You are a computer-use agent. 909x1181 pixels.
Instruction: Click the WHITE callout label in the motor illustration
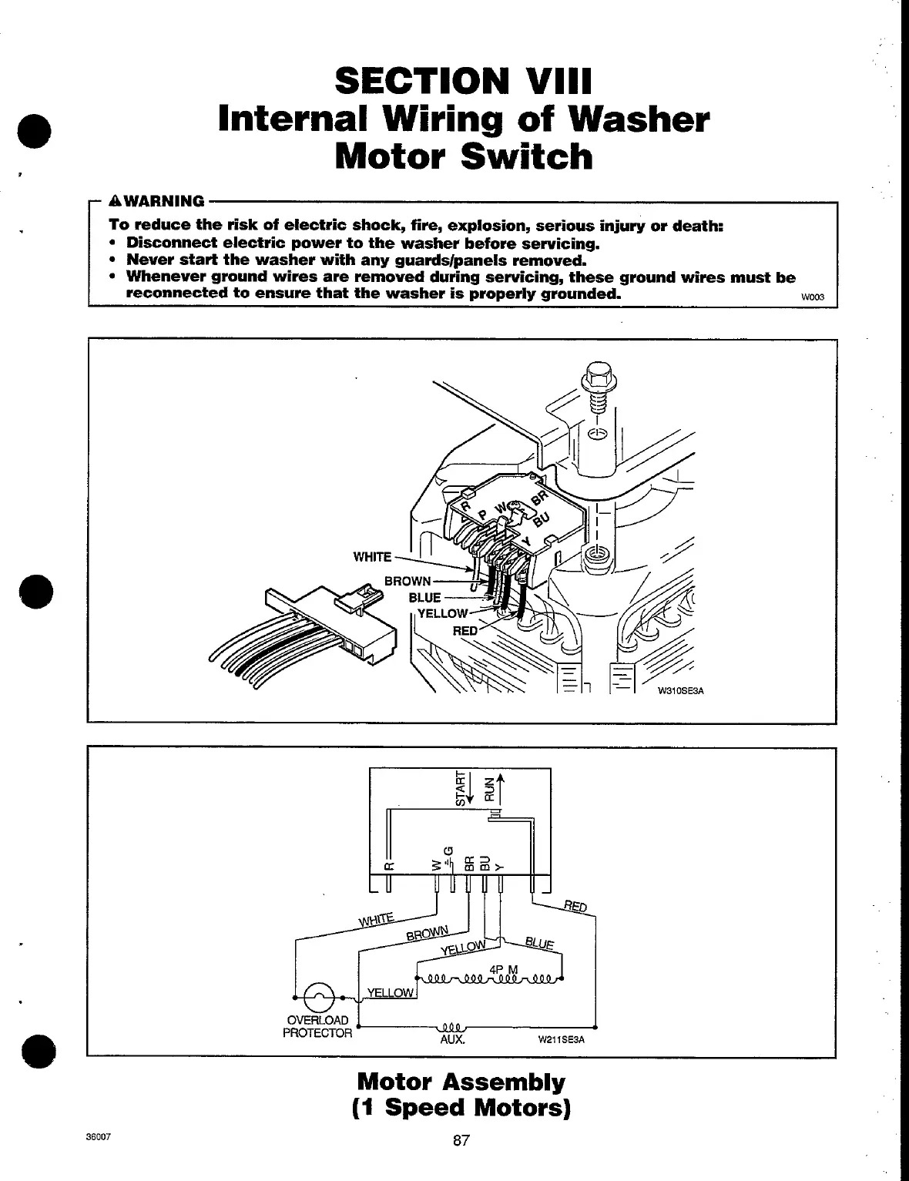pos(372,557)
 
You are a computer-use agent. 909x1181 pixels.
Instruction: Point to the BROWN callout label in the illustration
pos(408,581)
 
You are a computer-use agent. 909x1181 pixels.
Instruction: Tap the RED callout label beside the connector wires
pos(465,631)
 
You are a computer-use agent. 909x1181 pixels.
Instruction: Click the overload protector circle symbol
pos(318,998)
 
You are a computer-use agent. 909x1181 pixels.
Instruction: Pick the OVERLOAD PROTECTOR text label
pos(317,1027)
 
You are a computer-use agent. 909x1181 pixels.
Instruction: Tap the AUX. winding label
pos(452,1039)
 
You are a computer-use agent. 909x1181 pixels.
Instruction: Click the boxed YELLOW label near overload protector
pos(391,992)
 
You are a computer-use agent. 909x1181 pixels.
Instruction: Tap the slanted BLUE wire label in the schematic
pos(539,943)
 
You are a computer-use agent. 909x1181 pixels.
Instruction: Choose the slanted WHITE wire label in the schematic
pos(376,920)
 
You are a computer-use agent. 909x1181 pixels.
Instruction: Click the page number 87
pos(461,1141)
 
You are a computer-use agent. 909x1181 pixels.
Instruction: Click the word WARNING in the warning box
pos(164,201)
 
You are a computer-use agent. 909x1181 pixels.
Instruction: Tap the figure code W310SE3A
pos(680,690)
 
